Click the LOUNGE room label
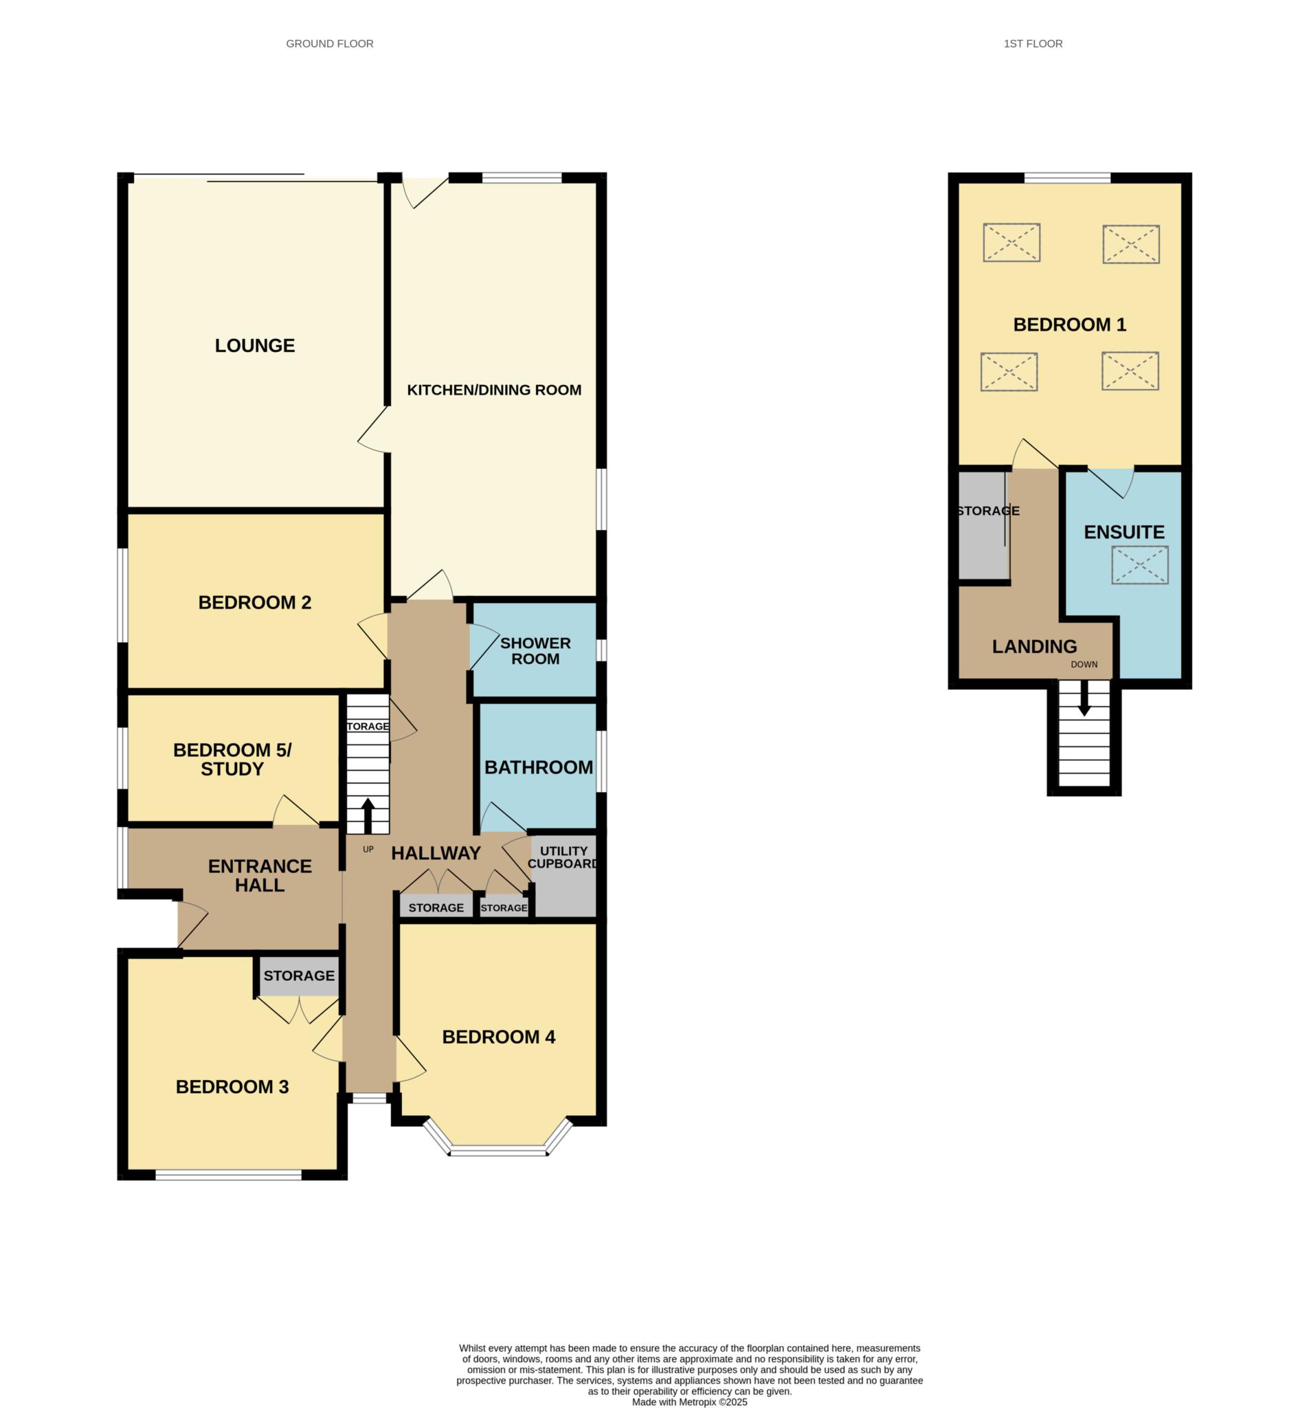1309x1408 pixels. [254, 346]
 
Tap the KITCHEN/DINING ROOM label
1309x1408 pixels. [494, 390]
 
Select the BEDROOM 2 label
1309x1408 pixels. [254, 602]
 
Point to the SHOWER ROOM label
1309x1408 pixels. [535, 651]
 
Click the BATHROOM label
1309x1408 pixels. [539, 767]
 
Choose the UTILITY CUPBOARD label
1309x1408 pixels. [563, 857]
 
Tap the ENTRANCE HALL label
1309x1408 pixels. [260, 875]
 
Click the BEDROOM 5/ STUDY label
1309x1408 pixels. [232, 759]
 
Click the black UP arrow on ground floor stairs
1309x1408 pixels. [368, 816]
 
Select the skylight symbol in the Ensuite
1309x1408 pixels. [1140, 565]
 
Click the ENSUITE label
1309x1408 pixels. [1124, 532]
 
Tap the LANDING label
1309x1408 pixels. [1034, 646]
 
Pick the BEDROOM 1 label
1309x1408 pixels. [1069, 324]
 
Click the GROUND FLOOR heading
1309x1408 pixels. [329, 44]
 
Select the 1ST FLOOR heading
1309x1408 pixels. [1033, 44]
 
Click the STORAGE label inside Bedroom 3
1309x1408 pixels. [299, 976]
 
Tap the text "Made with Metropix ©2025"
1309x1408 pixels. [689, 1402]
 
